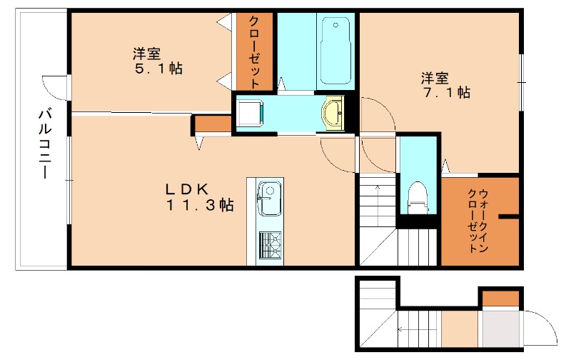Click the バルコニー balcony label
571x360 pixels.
(44, 144)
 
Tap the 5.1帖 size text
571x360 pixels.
(159, 69)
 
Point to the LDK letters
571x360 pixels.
(186, 189)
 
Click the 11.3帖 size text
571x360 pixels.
(200, 205)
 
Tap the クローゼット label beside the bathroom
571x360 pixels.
(254, 51)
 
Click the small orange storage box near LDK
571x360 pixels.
(213, 123)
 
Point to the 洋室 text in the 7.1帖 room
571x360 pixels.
(435, 77)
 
